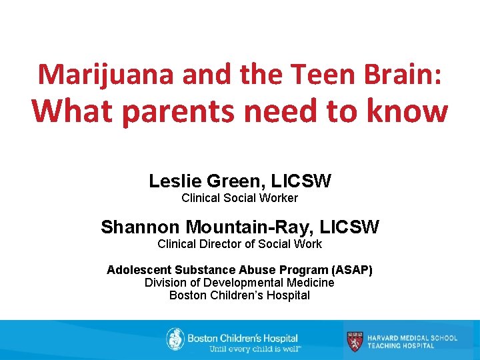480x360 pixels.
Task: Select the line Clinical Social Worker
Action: point(239,198)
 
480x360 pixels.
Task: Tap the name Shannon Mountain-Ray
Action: point(204,227)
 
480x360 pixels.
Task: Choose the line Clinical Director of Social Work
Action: point(239,244)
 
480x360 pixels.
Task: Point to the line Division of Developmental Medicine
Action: point(239,283)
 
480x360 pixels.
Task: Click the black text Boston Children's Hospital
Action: point(239,295)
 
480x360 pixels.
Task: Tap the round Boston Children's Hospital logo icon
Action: point(175,339)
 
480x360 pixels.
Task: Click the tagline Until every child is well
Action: point(255,349)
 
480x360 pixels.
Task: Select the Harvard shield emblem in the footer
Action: point(355,341)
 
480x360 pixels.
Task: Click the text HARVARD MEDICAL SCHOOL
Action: point(412,337)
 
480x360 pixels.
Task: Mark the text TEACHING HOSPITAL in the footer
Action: point(401,346)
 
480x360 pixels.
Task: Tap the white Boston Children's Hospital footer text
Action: point(243,338)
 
